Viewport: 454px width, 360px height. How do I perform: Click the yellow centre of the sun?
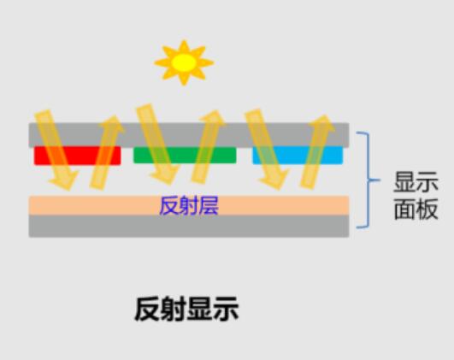pos(184,62)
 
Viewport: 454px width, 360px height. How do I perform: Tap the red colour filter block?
pos(77,156)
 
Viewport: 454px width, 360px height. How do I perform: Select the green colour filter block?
pos(185,156)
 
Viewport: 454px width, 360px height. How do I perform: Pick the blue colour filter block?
pos(298,155)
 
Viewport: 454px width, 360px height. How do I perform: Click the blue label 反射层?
pos(189,206)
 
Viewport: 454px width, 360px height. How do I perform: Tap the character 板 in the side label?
pos(427,210)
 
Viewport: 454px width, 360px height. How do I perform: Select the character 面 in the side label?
pos(404,210)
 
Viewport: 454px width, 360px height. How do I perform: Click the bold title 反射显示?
pos(186,309)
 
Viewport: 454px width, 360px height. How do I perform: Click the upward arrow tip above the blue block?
pos(326,115)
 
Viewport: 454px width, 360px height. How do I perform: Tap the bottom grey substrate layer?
pos(189,226)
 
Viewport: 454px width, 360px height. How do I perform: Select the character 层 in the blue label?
pos(209,206)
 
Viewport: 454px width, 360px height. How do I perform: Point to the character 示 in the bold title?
pos(226,309)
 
